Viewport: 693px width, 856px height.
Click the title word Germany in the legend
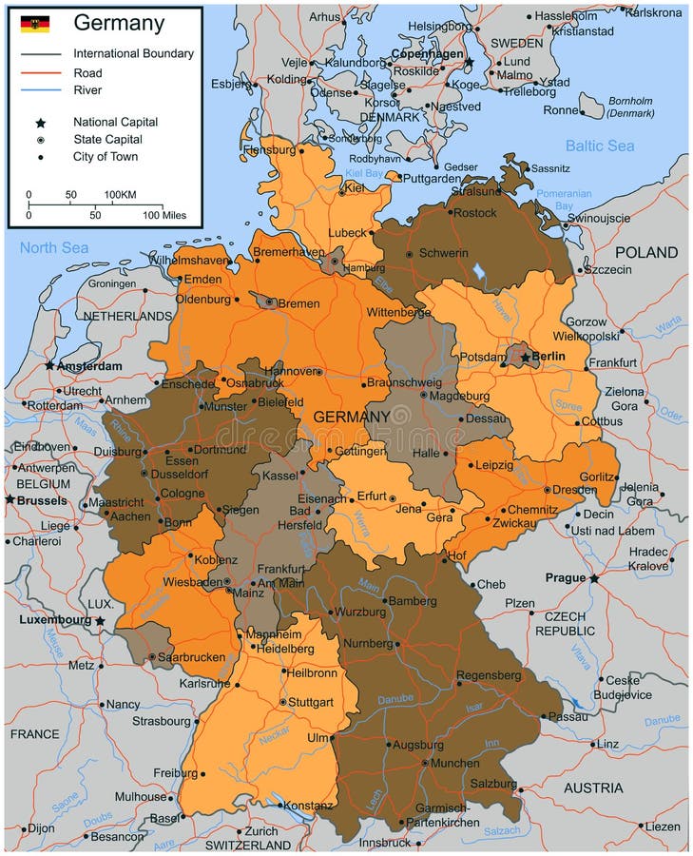pos(119,24)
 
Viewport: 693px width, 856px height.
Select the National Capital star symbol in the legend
pos(41,123)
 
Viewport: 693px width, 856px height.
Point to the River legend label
pos(87,90)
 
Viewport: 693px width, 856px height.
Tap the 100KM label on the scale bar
pos(120,195)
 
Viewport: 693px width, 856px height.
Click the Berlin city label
pos(549,357)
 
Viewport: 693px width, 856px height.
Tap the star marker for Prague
pos(594,578)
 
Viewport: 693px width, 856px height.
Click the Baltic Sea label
pos(599,146)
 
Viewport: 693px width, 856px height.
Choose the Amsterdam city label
pos(90,366)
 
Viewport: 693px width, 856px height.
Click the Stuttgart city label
pos(312,703)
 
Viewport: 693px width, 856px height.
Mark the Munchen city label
pos(455,763)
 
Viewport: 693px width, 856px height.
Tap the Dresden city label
pos(575,489)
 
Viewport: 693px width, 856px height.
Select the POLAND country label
pos(646,253)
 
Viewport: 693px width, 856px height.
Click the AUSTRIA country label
pos(593,788)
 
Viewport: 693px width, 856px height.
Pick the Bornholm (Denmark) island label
pos(631,107)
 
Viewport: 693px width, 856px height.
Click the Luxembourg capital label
pos(54,620)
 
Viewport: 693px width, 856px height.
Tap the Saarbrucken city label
pos(194,657)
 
